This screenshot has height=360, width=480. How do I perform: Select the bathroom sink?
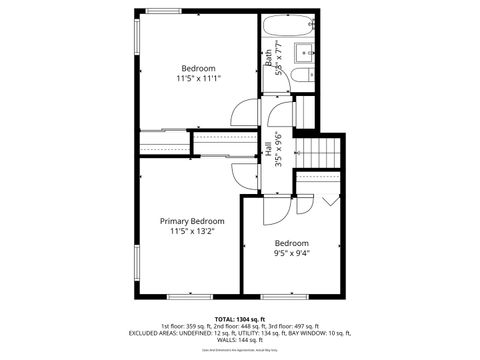(x=305, y=76)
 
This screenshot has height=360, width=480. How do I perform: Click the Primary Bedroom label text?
(x=192, y=221)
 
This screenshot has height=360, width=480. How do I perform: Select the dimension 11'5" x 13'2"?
(x=192, y=232)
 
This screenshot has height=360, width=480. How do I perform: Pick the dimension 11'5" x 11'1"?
(x=198, y=78)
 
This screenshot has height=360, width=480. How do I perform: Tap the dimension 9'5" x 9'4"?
(x=292, y=254)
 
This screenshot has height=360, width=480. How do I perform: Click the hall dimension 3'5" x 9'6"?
(x=277, y=150)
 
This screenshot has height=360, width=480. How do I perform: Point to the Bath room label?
(x=268, y=58)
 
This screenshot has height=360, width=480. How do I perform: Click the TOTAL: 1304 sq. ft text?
(x=239, y=318)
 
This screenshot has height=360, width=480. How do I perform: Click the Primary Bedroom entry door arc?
(x=241, y=172)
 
